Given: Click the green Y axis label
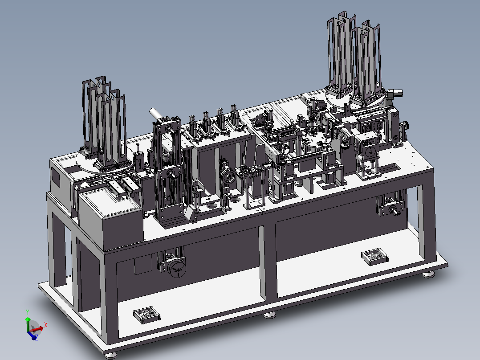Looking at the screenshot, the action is [28, 312].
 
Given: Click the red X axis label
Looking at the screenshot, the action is [45, 325].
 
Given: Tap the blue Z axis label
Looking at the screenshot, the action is [36, 338].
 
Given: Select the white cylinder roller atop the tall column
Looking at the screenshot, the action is [156, 114].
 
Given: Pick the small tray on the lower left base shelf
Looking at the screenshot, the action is [146, 315].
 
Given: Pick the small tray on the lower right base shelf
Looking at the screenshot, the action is [375, 257].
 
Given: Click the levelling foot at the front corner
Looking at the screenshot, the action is [110, 356].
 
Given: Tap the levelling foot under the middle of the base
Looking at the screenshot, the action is [269, 315].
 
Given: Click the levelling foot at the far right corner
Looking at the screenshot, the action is [428, 274].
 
